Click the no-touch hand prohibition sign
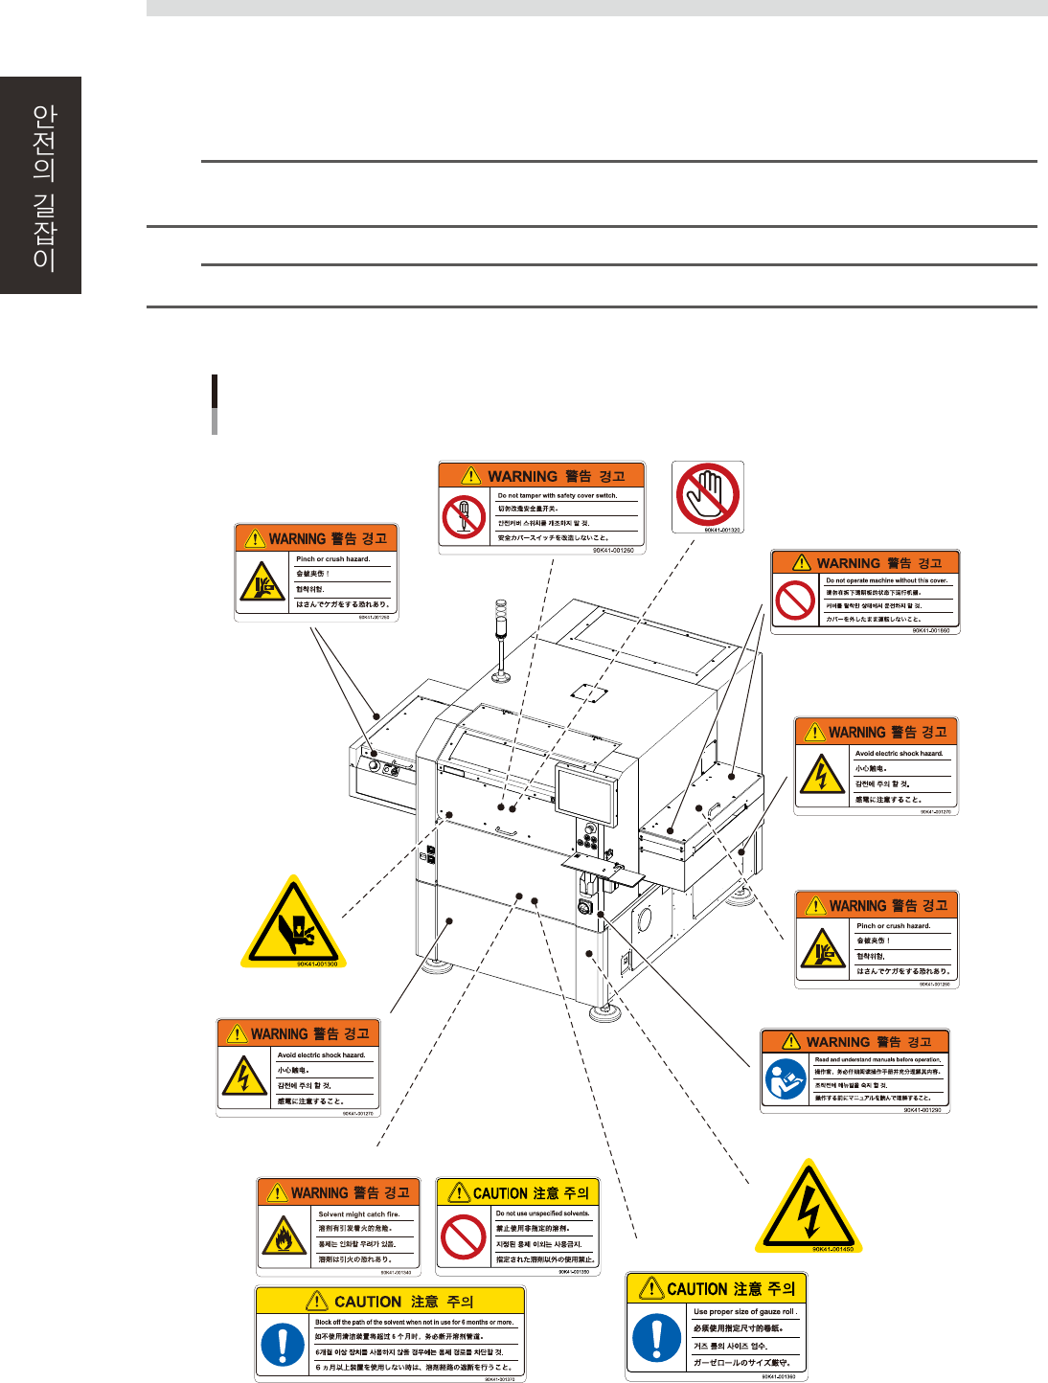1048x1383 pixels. click(707, 493)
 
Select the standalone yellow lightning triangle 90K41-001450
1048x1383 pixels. click(808, 1206)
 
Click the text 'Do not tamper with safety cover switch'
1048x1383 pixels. click(558, 496)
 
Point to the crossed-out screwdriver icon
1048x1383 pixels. click(465, 517)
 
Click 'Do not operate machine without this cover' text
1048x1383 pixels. click(886, 580)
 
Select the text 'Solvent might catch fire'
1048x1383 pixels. click(358, 1214)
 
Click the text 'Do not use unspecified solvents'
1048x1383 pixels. click(542, 1213)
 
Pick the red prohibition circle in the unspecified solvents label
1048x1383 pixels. click(464, 1236)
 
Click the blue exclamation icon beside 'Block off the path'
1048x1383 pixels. click(284, 1345)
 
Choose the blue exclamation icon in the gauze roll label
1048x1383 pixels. click(657, 1337)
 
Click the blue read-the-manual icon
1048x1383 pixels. click(786, 1080)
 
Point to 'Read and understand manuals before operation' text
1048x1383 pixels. click(877, 1060)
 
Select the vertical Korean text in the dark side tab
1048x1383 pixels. click(44, 187)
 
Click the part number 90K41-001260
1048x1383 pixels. click(613, 551)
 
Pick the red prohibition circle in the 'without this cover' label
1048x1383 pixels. click(795, 601)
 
